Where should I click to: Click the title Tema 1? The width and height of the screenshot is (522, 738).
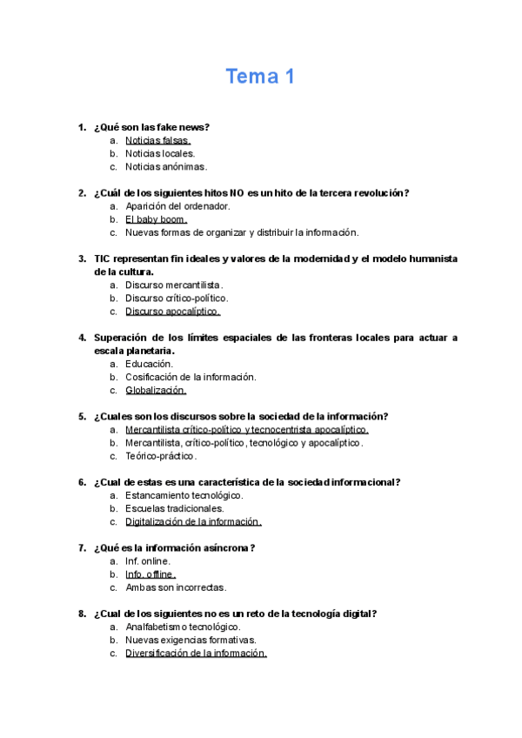[260, 77]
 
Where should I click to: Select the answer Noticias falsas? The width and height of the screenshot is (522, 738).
[157, 140]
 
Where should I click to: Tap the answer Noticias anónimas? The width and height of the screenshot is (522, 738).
[165, 166]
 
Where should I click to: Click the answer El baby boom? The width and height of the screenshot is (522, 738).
[156, 219]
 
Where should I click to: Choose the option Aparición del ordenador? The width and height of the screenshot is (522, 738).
[177, 206]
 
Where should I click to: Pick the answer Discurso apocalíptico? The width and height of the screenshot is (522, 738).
[172, 312]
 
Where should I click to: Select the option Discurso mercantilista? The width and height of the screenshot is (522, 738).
[173, 285]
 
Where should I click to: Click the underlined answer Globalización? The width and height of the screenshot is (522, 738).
[156, 391]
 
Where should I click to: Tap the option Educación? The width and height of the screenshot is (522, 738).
[149, 364]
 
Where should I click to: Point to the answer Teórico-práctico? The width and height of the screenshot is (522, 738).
[161, 456]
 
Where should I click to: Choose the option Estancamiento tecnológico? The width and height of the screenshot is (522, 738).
[184, 495]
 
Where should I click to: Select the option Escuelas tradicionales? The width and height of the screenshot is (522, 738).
[174, 508]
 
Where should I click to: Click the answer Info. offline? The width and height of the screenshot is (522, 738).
[150, 574]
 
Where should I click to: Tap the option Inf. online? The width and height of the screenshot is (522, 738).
[147, 561]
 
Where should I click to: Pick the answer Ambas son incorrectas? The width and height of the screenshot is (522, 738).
[175, 587]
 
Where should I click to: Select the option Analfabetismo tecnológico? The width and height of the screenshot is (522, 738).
[183, 627]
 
